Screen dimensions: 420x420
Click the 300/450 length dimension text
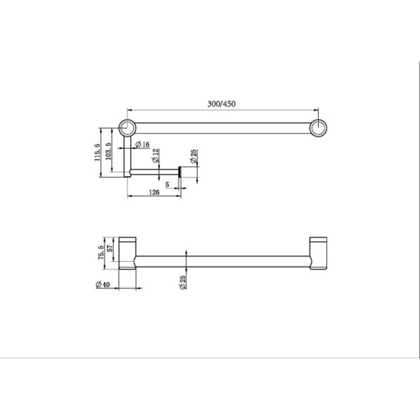[221, 104]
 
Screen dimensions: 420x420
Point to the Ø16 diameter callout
[142, 145]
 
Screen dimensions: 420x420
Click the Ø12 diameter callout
[155, 155]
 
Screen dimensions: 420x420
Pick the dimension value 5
[168, 185]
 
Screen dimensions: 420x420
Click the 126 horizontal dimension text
[154, 192]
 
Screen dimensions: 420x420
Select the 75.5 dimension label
[101, 253]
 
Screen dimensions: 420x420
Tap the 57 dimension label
[110, 248]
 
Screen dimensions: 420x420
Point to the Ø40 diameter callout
[103, 285]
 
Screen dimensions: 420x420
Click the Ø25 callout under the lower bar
[183, 280]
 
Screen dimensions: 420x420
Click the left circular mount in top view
[127, 128]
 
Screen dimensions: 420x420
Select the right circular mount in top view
[318, 128]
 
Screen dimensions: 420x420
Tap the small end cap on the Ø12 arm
[180, 171]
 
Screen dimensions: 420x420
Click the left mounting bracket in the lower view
[128, 253]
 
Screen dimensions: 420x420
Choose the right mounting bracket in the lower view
[318, 253]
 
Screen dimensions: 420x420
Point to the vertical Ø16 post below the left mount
[127, 156]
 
